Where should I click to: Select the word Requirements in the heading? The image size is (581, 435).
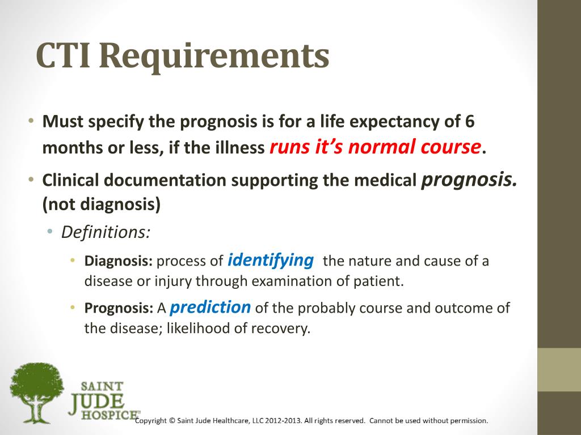tap(216, 57)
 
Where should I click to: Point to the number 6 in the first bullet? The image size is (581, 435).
tap(469, 122)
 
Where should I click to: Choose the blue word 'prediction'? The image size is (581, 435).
tap(210, 307)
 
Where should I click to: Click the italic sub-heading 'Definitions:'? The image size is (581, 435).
tap(106, 232)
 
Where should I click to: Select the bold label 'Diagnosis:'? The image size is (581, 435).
tap(119, 261)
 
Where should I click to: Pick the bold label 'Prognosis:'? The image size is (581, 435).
tap(119, 308)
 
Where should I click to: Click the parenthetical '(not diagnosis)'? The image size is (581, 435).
tap(102, 204)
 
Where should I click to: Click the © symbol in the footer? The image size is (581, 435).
tap(172, 421)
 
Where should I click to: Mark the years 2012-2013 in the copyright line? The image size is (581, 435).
tap(280, 421)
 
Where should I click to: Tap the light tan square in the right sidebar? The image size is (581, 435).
tap(559, 369)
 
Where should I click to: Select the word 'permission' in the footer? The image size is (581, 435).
tap(468, 421)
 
